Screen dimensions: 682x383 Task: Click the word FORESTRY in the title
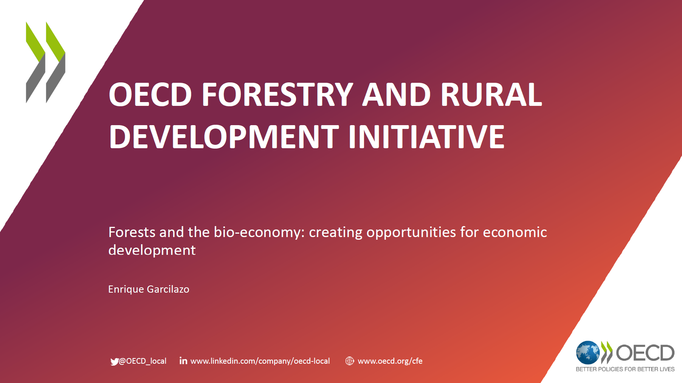click(277, 95)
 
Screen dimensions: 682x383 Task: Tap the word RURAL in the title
click(491, 95)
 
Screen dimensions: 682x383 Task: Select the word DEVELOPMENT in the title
click(224, 137)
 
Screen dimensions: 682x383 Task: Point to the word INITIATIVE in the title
click(426, 137)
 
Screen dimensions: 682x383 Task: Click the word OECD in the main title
click(150, 95)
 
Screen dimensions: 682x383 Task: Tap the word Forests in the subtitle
click(132, 232)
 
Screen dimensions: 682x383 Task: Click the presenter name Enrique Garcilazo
click(149, 289)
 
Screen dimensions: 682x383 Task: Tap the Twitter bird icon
click(115, 362)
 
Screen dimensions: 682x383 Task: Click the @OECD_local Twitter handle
click(143, 361)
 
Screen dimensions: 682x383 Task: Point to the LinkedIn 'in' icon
click(183, 361)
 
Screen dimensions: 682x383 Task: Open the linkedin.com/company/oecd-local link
click(260, 361)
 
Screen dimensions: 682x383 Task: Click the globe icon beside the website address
click(350, 361)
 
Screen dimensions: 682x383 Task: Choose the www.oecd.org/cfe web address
click(390, 361)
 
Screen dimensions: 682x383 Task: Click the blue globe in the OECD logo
click(588, 353)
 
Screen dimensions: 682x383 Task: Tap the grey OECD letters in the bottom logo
click(645, 353)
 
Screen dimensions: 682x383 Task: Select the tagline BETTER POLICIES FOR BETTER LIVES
click(625, 369)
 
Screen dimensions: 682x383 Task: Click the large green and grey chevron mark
click(45, 62)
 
